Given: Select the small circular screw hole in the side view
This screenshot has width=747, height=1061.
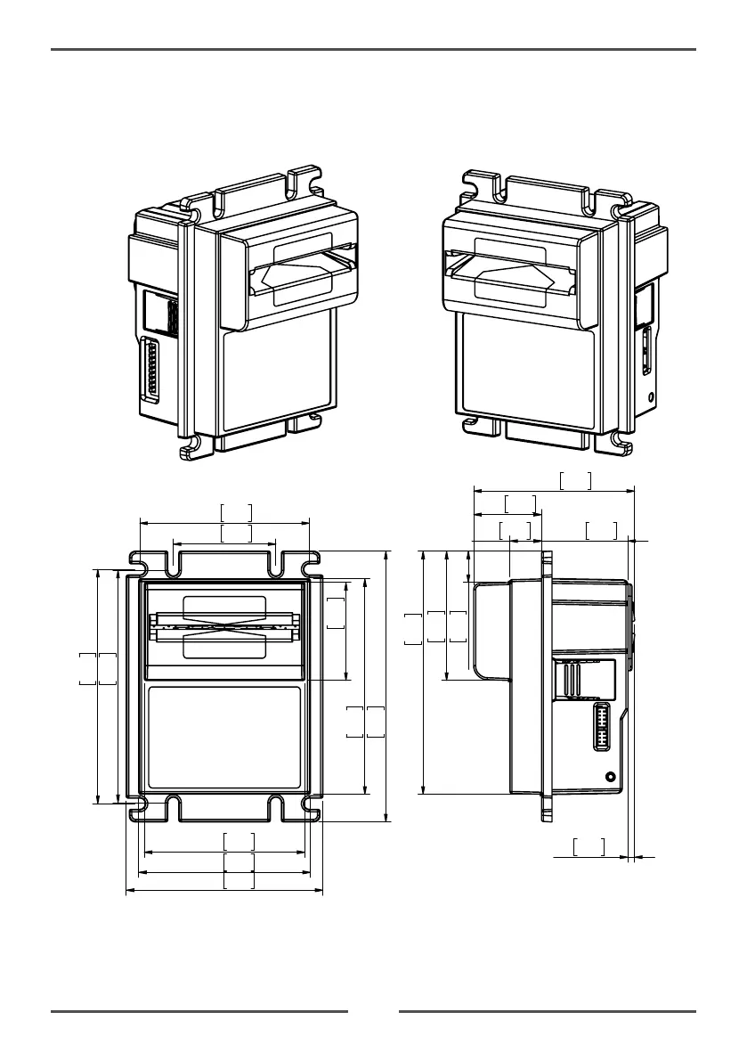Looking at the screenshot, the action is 610,777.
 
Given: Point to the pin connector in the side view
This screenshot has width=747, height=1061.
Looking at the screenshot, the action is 602,727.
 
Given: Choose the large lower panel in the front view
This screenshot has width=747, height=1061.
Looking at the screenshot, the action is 223,738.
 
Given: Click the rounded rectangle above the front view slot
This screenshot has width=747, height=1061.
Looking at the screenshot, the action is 224,607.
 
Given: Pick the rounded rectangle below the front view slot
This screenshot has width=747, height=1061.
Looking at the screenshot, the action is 224,644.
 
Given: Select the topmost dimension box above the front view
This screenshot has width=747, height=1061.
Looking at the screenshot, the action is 236,512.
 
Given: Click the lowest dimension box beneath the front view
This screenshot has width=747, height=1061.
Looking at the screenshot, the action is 239,880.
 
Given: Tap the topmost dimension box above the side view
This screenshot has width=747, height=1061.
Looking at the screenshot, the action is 575,481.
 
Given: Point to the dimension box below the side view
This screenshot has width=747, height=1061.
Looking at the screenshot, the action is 589,846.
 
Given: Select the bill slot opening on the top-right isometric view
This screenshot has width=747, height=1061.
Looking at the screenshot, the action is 507,273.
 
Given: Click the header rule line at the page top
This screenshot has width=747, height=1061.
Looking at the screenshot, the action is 373,50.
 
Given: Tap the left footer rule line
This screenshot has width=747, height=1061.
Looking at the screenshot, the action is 199,1011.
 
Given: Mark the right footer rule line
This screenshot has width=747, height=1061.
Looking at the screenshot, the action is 548,1011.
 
